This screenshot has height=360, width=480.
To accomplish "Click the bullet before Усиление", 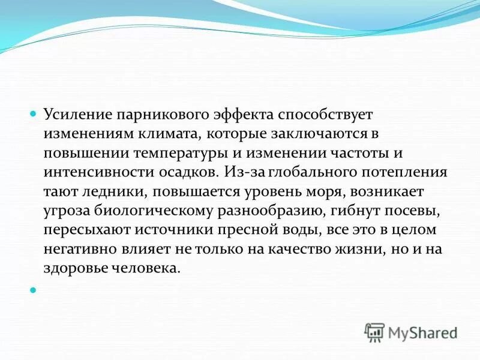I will pos(34,113).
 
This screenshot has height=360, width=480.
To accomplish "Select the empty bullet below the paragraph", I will pos(34,289).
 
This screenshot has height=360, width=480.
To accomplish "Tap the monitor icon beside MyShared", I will pos(375,332).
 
